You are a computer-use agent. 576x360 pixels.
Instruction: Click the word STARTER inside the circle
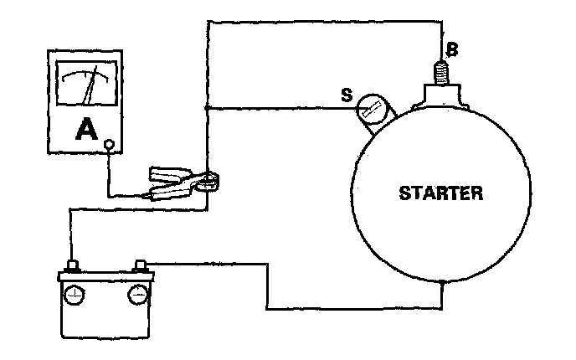441,194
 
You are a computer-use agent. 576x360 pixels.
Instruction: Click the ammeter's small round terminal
109,147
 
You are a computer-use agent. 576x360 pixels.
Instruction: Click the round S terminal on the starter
372,109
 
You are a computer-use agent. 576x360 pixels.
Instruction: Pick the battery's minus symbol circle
136,296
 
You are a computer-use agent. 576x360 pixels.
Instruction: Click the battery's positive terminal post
73,267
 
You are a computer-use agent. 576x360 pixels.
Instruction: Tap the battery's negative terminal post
140,267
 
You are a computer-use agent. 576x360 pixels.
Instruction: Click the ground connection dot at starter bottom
441,284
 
